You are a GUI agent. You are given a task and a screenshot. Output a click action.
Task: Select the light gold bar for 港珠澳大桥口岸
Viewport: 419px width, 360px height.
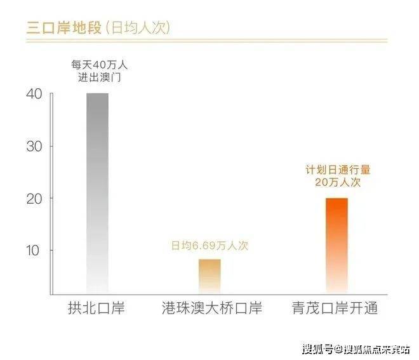[209, 276]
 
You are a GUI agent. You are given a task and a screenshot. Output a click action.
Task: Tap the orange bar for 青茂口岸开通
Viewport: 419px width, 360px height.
[336, 245]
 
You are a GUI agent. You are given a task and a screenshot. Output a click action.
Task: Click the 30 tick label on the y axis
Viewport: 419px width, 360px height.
[34, 147]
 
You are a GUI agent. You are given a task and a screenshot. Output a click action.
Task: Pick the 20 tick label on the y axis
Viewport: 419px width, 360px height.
[34, 199]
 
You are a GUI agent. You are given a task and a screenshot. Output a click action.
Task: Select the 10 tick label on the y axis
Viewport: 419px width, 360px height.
[34, 250]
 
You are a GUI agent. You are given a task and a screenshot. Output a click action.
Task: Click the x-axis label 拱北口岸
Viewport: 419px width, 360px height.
[96, 309]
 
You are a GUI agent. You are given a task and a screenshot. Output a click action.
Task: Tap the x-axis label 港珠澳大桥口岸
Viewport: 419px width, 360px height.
[210, 309]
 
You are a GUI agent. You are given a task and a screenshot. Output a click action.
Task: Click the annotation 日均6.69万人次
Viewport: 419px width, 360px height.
[209, 246]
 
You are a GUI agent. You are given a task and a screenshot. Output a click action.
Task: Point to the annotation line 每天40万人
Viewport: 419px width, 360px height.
[97, 65]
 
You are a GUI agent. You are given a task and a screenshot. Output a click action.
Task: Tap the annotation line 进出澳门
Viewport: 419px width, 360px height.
[97, 78]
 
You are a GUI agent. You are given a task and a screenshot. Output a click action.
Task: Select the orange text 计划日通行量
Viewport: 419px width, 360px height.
[337, 170]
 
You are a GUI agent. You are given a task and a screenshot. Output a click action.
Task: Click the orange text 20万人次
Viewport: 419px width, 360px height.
[337, 182]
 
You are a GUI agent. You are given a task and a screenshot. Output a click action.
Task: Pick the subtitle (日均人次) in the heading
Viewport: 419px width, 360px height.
[135, 28]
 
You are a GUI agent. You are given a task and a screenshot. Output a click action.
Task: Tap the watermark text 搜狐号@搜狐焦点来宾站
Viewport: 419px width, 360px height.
[356, 349]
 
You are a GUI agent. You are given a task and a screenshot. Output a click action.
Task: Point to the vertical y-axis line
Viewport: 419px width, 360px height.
[51, 190]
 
